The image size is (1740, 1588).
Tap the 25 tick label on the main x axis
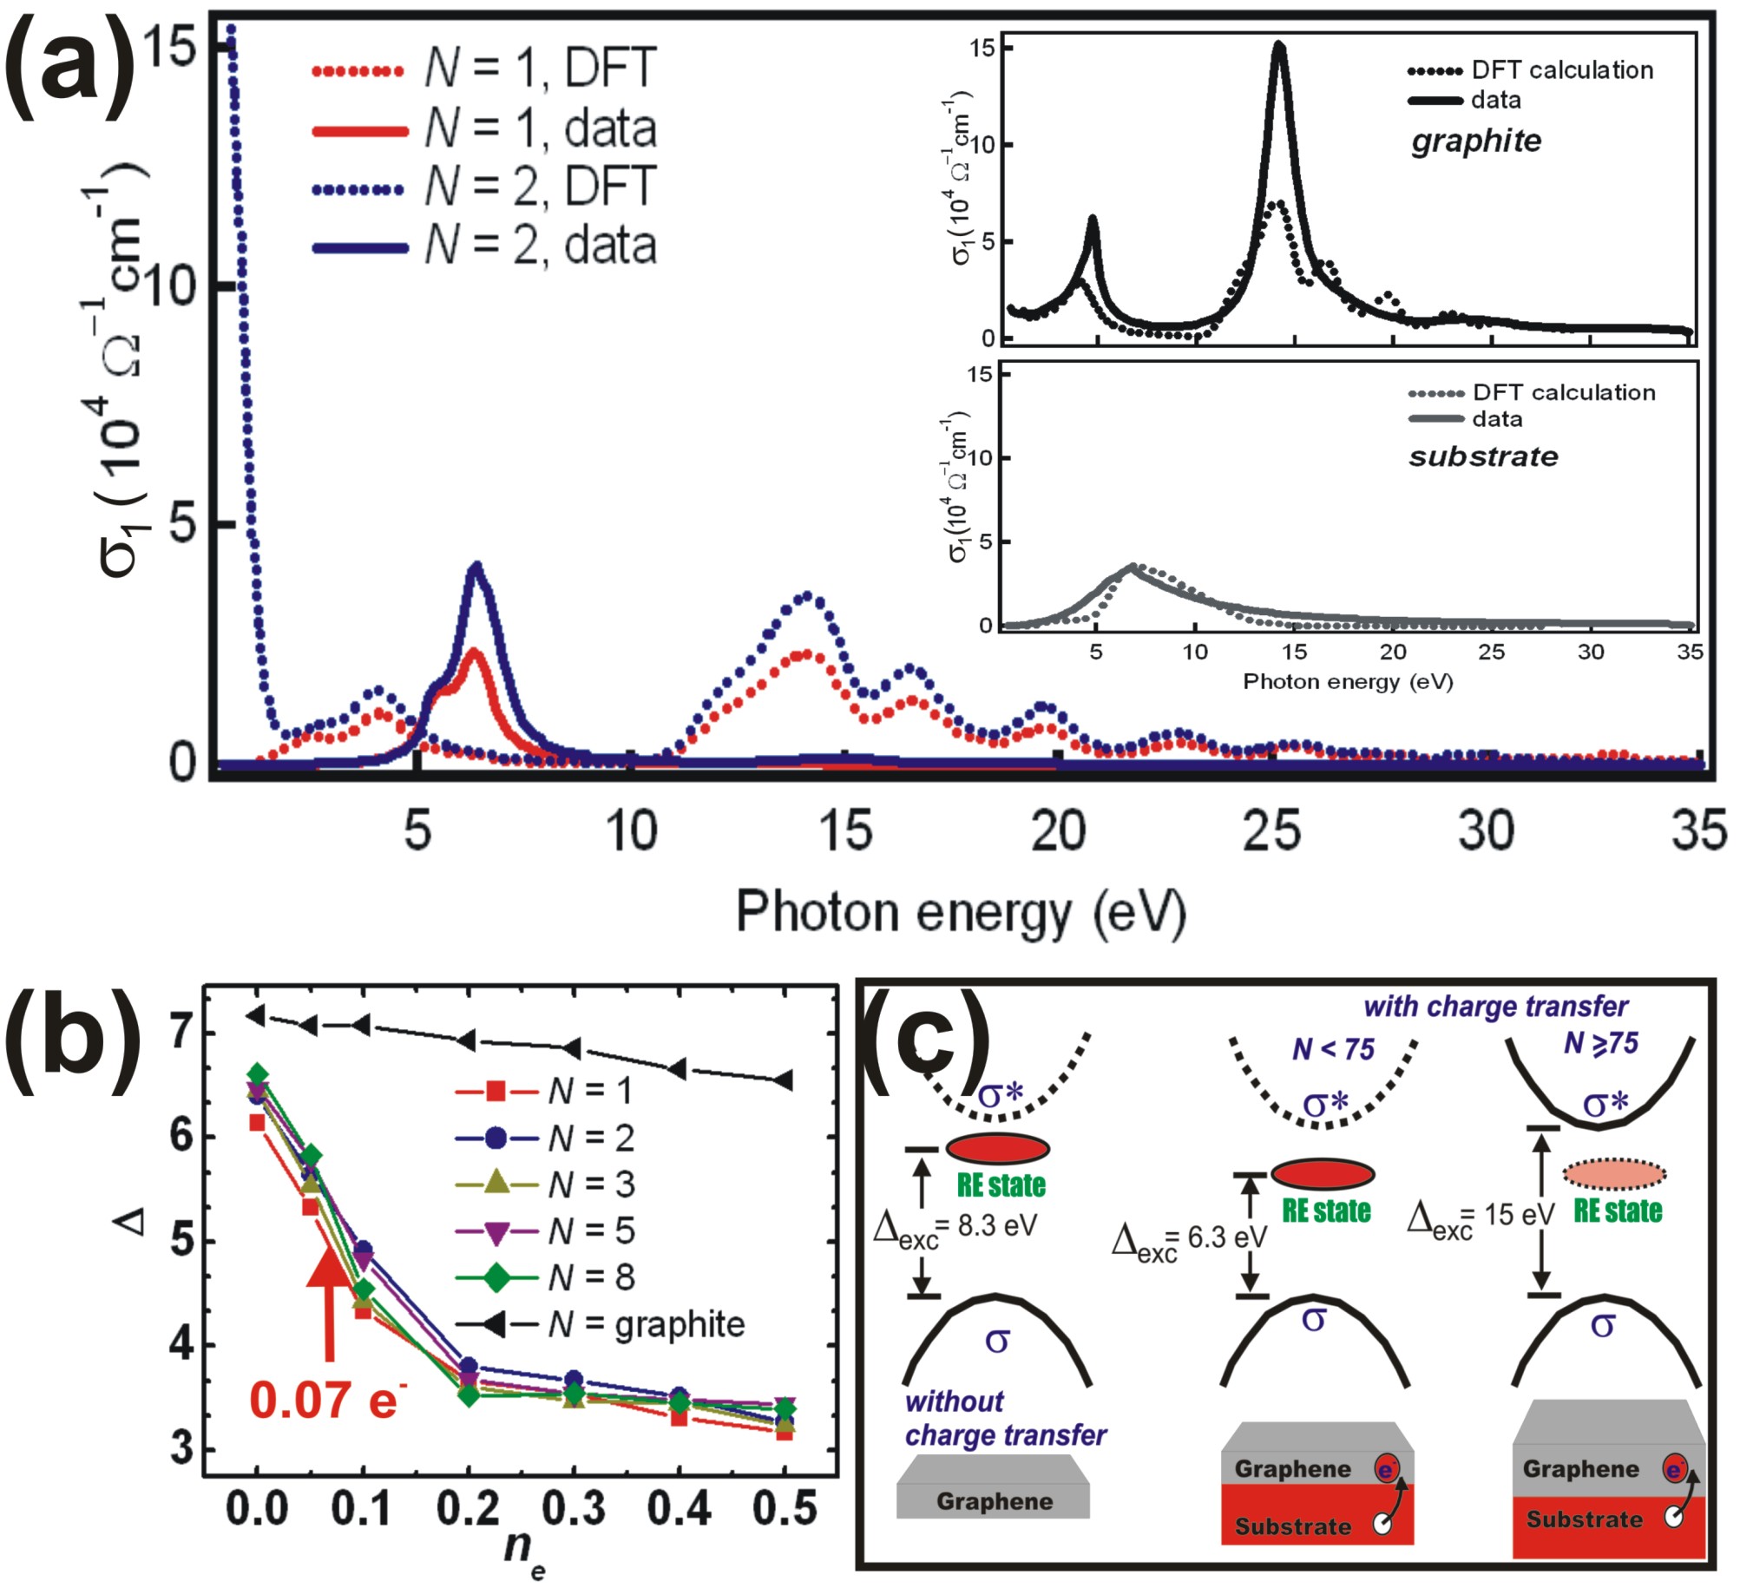(x=1271, y=830)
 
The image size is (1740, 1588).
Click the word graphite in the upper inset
(x=1475, y=141)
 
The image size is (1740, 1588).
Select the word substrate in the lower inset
(x=1482, y=456)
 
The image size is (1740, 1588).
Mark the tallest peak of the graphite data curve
(x=1279, y=49)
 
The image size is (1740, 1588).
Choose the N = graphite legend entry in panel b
(x=599, y=1324)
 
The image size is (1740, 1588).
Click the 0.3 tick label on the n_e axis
(x=574, y=1510)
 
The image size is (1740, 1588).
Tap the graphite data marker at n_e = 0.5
(x=783, y=1080)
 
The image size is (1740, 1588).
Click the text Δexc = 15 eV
(x=1479, y=1216)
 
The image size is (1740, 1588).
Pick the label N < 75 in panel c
(x=1333, y=1050)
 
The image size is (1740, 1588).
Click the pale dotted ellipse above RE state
(x=1614, y=1174)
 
